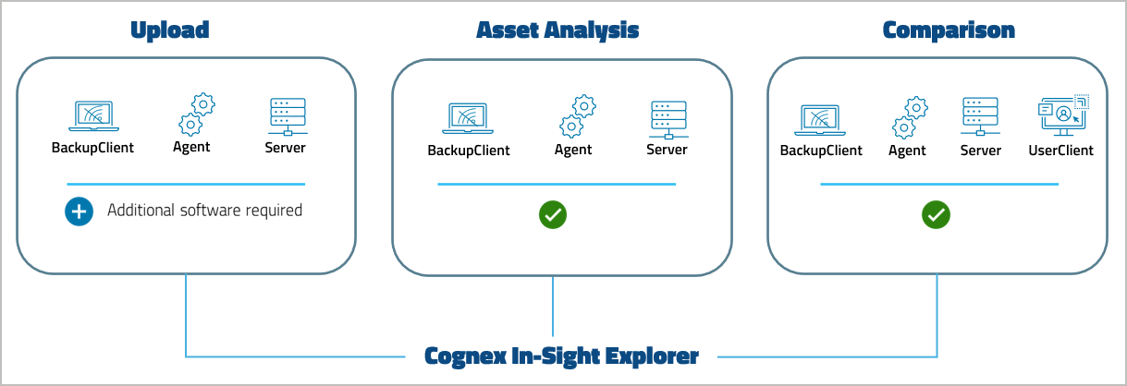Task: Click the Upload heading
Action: pos(169,30)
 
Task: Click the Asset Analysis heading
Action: pos(557,30)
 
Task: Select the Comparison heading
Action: pos(949,30)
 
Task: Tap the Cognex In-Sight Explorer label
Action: pos(561,356)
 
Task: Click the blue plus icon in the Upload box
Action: pos(79,211)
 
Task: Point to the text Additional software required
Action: pos(204,211)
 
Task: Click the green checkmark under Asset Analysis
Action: pos(553,214)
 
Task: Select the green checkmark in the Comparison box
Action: pos(936,215)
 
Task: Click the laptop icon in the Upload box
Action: pos(92,117)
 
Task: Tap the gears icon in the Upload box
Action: pos(195,115)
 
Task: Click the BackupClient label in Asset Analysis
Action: pos(468,150)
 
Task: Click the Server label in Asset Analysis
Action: pos(667,150)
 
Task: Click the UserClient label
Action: pos(1060,150)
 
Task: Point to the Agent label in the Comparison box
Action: pos(907,150)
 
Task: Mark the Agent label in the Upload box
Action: pos(191,147)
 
